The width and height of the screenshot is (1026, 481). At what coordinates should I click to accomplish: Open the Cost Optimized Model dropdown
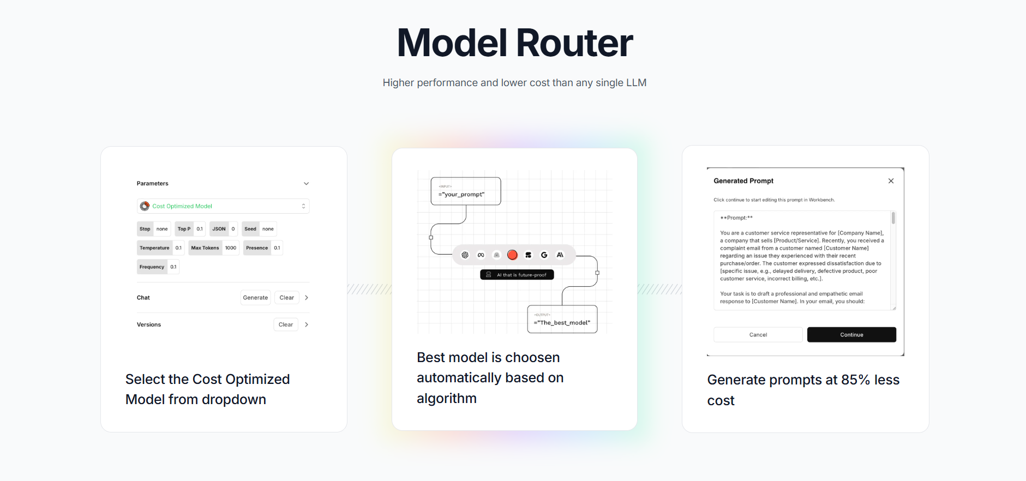223,206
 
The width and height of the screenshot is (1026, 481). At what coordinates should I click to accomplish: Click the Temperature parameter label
154,248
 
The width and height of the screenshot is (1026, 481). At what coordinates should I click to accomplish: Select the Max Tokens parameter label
205,248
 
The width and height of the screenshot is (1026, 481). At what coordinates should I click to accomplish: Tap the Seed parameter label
250,229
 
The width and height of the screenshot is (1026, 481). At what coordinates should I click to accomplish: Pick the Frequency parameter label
152,267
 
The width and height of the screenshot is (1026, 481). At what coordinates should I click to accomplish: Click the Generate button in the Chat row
255,298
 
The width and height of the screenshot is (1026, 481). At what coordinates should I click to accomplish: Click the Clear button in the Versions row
286,324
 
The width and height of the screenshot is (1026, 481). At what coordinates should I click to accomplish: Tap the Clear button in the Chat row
286,298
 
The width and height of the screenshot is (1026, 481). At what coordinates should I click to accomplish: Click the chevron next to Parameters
306,184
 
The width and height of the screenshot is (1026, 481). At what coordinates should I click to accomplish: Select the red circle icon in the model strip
512,255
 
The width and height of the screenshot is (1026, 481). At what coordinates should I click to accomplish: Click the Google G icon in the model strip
544,255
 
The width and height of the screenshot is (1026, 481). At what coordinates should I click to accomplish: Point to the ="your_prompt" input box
465,191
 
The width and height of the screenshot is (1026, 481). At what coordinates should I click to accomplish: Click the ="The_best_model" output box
562,320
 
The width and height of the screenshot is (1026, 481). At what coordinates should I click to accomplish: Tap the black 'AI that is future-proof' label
517,275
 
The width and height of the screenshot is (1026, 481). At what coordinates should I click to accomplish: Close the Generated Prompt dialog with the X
891,181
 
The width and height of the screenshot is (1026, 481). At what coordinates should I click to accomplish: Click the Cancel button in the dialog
758,335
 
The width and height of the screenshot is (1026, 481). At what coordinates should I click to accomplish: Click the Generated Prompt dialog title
743,181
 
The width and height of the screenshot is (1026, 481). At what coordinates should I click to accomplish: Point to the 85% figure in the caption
855,380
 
